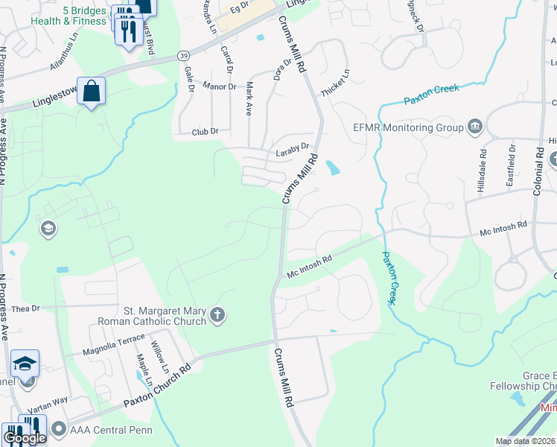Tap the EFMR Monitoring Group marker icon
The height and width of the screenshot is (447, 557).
tap(474, 127)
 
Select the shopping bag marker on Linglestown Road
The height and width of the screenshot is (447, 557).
tap(91, 92)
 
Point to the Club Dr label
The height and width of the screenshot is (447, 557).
tap(204, 131)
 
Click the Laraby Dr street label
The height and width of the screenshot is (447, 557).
tap(292, 147)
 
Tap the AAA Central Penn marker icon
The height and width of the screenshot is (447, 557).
tap(57, 430)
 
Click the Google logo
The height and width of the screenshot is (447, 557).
tap(25, 438)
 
